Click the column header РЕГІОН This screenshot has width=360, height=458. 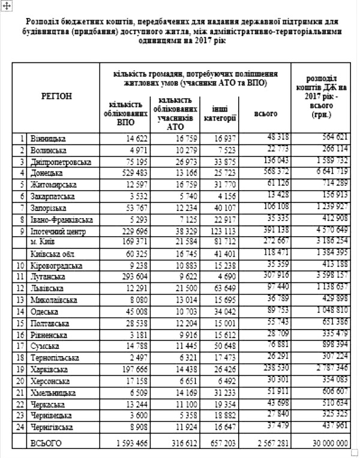tap(56, 96)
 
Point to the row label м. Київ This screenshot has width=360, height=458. tap(43, 241)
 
